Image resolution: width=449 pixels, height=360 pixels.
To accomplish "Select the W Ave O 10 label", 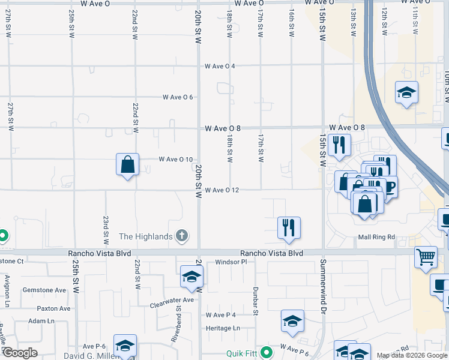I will coord(176,160).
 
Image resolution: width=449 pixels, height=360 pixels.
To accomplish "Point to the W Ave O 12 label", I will coord(222,190).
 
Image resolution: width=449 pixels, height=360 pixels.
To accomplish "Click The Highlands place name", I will coord(146,236).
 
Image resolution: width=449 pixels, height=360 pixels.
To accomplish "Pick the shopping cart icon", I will coord(426,257).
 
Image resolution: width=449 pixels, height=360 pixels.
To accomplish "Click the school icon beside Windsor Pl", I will coord(191,277).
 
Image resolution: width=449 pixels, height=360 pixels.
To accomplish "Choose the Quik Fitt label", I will coord(242,353).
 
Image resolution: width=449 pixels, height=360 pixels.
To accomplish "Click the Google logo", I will coord(20,353).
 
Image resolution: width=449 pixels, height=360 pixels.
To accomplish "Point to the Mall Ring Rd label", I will coord(377,237).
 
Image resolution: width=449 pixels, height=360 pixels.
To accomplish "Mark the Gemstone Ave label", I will coord(44,290).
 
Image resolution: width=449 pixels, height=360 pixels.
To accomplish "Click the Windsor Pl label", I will coord(231,262).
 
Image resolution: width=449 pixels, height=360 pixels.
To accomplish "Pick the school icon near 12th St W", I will coord(406,92).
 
